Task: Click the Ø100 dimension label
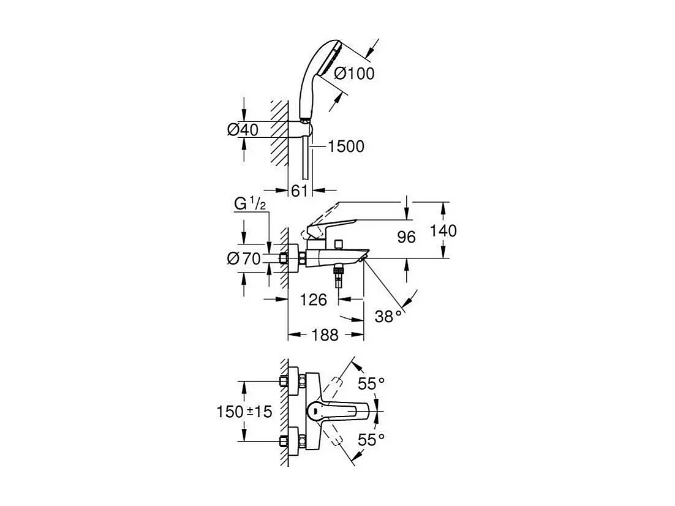(x=354, y=74)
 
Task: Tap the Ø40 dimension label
(x=243, y=129)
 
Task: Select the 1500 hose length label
(x=346, y=146)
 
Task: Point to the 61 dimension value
(x=299, y=191)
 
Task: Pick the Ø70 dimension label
(x=244, y=259)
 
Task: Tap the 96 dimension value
(x=406, y=237)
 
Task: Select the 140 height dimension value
(x=443, y=231)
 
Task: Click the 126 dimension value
(x=314, y=300)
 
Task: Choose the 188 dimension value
(x=325, y=334)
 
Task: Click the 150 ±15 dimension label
(x=244, y=412)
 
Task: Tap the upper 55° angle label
(x=371, y=383)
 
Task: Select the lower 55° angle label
(x=371, y=440)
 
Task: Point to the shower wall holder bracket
(x=300, y=128)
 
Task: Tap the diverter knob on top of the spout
(x=340, y=244)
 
